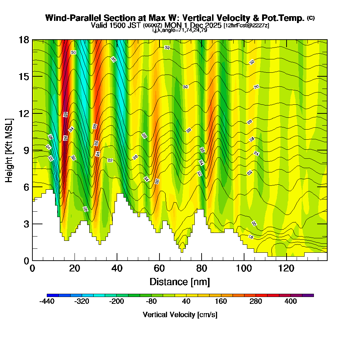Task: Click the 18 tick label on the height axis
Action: [x=24, y=40]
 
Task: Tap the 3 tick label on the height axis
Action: [x=26, y=224]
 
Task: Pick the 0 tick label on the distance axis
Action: [x=32, y=269]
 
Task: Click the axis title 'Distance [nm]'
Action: [x=180, y=281]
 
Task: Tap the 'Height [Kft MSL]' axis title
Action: [x=9, y=150]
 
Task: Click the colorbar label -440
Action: [x=46, y=301]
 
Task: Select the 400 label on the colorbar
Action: [x=291, y=301]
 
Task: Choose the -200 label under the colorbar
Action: [x=116, y=301]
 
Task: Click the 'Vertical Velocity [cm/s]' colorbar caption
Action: [x=180, y=315]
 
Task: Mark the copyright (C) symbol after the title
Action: [x=311, y=18]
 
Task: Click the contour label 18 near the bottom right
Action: [x=251, y=237]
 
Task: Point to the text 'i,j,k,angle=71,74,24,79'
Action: [x=180, y=30]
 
